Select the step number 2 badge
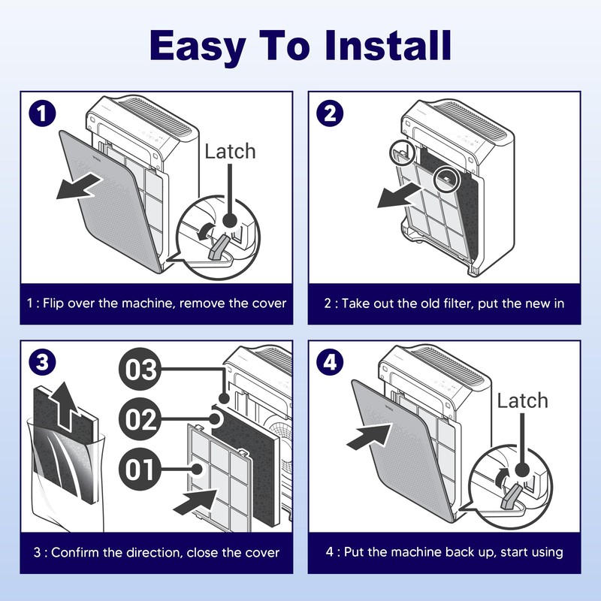point(329,115)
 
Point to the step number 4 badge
point(329,363)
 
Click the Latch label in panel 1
point(230,151)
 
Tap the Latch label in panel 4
point(523,400)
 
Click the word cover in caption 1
point(270,304)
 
